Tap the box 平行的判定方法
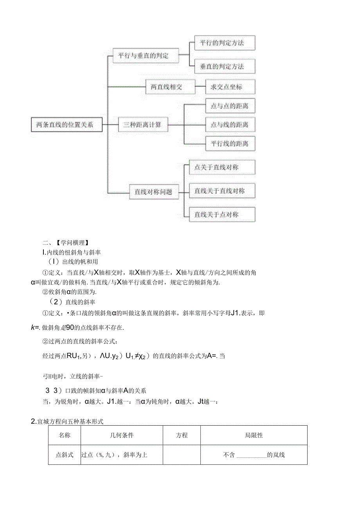225,43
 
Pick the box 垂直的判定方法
225,67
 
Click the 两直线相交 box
170,87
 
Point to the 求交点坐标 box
230,87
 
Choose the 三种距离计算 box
143,125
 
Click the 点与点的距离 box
230,106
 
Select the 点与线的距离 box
230,125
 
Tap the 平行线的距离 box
230,144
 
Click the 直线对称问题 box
154,192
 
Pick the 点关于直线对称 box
222,167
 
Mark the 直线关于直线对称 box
222,191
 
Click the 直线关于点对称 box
222,214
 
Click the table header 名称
65,435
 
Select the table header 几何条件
122,435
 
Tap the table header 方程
182,435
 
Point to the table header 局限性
254,435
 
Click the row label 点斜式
65,455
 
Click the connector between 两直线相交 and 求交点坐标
200,87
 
